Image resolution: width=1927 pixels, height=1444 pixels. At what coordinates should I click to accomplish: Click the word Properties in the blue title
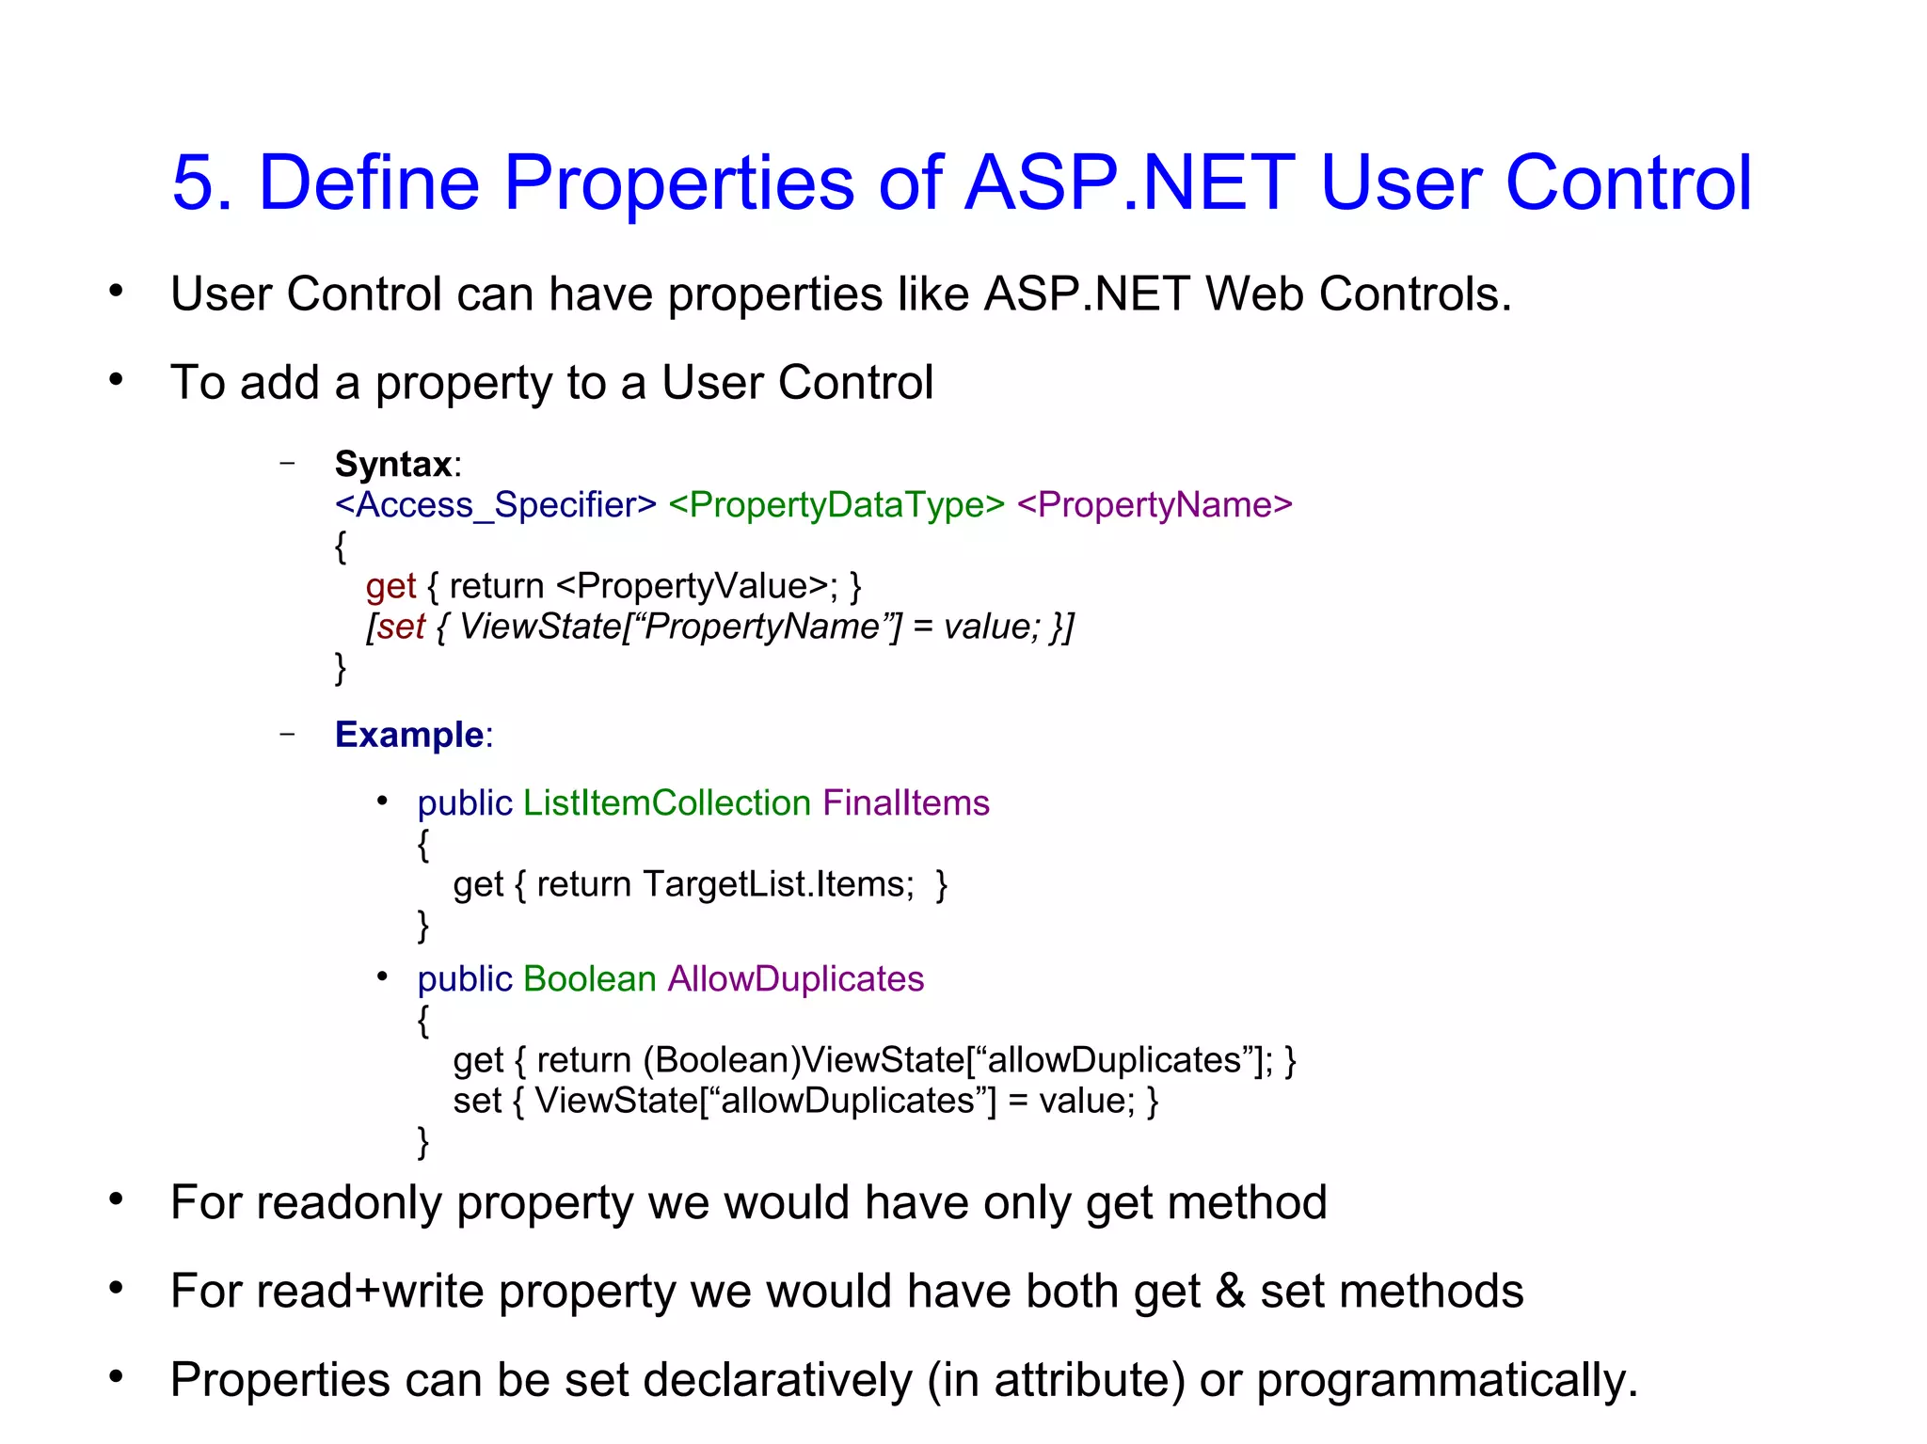click(678, 182)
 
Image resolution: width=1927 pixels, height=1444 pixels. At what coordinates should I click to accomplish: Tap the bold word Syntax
click(393, 465)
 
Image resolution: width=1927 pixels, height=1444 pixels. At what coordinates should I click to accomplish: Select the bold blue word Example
click(409, 735)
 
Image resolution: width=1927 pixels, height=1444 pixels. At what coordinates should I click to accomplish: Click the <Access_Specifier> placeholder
click(496, 505)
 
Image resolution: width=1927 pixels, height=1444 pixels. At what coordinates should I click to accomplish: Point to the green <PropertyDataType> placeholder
click(836, 505)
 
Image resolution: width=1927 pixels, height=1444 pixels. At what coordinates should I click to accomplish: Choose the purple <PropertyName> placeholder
click(1155, 505)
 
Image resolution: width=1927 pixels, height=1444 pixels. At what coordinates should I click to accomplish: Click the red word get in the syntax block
click(390, 587)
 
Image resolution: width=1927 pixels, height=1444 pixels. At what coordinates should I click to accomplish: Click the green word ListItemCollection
click(666, 803)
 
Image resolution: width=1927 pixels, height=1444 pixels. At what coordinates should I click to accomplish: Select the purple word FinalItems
click(905, 803)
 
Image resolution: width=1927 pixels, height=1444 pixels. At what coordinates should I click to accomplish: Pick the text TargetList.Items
click(778, 884)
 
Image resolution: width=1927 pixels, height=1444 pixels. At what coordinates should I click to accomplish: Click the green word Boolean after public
click(589, 979)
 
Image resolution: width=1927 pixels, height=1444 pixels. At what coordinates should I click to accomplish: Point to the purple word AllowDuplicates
click(796, 979)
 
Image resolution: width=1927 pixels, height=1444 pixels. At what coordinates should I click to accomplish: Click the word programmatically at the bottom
click(1446, 1380)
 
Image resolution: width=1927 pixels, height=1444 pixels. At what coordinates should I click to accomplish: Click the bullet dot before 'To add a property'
click(116, 380)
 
